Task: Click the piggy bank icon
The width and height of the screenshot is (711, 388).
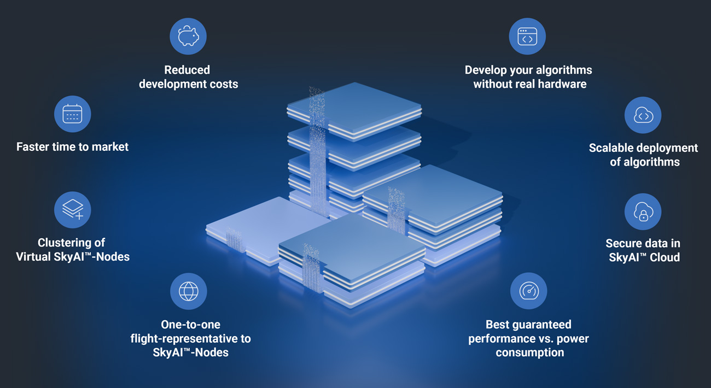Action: [x=188, y=37]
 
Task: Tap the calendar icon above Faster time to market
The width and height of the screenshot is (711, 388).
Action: [x=72, y=114]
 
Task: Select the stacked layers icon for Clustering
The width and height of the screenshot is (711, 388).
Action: [x=72, y=210]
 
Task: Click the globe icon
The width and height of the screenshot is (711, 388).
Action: [x=188, y=291]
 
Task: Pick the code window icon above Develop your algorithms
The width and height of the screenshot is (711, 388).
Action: [x=527, y=37]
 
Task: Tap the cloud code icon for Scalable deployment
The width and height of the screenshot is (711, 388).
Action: [x=643, y=115]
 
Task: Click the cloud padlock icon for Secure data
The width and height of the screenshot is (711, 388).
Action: [x=643, y=212]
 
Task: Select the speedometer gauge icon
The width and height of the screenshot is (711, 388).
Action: [x=528, y=291]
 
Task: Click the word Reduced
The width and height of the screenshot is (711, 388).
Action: [x=187, y=70]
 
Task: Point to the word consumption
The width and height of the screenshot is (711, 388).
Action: [x=529, y=352]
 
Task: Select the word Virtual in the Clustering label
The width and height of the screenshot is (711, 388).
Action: [x=34, y=257]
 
